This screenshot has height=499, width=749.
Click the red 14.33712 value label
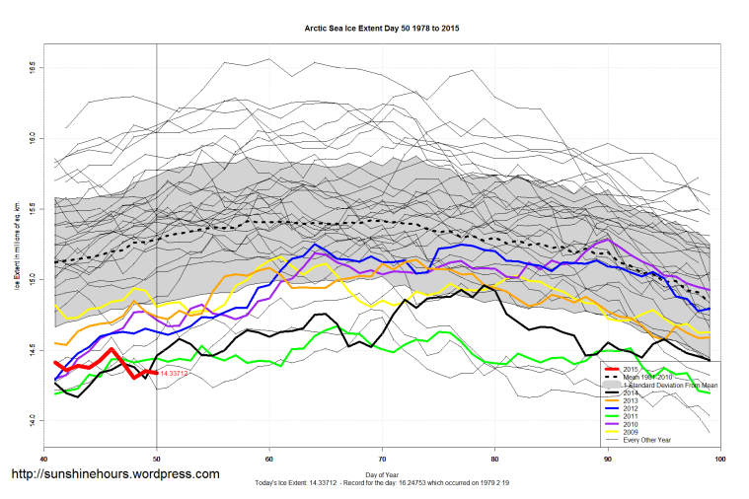pos(175,373)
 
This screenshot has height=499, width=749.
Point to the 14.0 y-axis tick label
pos(33,420)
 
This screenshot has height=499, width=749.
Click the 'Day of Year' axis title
pos(382,475)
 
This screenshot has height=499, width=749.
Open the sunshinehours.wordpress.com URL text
pos(114,474)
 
